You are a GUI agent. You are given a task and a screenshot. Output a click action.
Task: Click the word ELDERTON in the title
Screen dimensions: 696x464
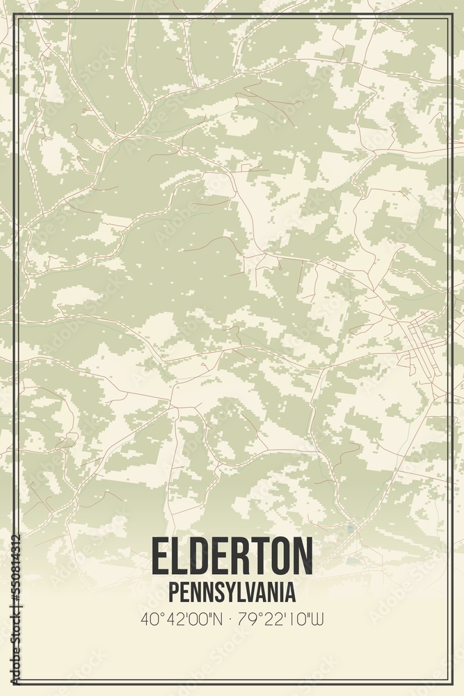pos(232,557)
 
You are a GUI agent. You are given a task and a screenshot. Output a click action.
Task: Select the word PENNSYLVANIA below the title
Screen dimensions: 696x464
pos(232,592)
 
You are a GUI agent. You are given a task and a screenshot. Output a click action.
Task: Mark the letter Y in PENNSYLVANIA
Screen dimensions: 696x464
pos(226,592)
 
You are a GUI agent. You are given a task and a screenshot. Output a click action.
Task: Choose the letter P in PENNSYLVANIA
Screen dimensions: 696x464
pos(173,592)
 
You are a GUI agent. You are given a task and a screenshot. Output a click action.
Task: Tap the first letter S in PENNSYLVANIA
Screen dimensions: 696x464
pos(216,592)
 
